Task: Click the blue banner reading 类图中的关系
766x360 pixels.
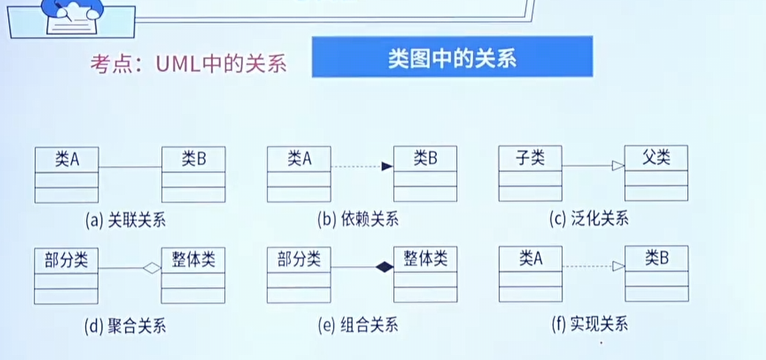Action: (452, 58)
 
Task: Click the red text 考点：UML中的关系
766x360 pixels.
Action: (188, 64)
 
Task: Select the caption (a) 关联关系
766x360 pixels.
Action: (125, 219)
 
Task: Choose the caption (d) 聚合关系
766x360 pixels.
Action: (125, 326)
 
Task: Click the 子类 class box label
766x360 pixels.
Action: (530, 159)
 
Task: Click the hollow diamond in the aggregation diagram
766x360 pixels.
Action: (153, 268)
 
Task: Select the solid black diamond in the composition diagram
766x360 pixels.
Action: (384, 268)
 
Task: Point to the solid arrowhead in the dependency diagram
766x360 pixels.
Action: (386, 167)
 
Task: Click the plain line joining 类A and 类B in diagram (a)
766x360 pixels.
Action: (130, 167)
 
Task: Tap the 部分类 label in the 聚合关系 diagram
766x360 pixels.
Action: (66, 259)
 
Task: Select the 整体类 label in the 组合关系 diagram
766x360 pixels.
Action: (425, 258)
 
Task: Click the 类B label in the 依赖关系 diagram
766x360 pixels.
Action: (425, 159)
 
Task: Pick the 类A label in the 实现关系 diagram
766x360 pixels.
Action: (530, 258)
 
